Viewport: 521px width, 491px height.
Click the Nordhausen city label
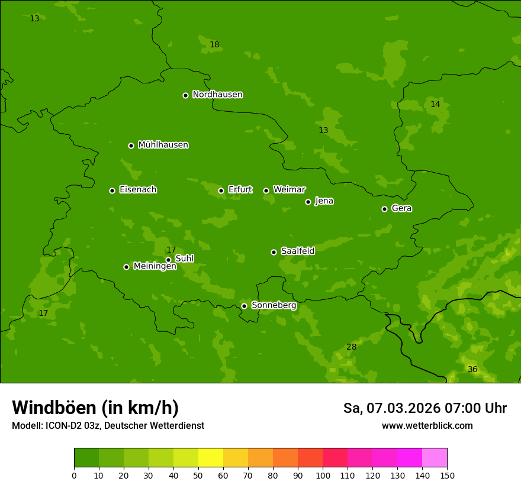click(217, 95)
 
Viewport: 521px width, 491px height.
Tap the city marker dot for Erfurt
click(221, 190)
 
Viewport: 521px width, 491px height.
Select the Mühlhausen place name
click(163, 145)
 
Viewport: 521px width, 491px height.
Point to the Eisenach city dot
click(112, 190)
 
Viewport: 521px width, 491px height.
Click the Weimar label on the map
click(289, 190)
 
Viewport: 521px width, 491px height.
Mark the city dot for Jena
click(308, 202)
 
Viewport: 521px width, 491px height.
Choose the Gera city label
click(401, 208)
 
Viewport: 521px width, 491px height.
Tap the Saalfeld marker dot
click(274, 252)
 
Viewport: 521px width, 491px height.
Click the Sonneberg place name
click(274, 305)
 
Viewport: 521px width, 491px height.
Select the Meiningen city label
click(155, 266)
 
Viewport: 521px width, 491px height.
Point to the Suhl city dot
click(168, 260)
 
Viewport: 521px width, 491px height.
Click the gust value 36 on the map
click(472, 370)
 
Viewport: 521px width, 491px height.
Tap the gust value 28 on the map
click(351, 347)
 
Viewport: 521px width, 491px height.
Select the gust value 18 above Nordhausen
click(214, 45)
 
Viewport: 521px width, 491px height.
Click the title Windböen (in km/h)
click(95, 408)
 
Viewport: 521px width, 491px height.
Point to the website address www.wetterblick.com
click(427, 426)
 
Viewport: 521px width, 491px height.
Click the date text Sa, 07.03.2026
click(391, 408)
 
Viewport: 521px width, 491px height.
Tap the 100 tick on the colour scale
click(323, 475)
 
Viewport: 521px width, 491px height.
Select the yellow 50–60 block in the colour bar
click(211, 458)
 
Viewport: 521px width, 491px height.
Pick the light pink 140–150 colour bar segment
click(435, 458)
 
